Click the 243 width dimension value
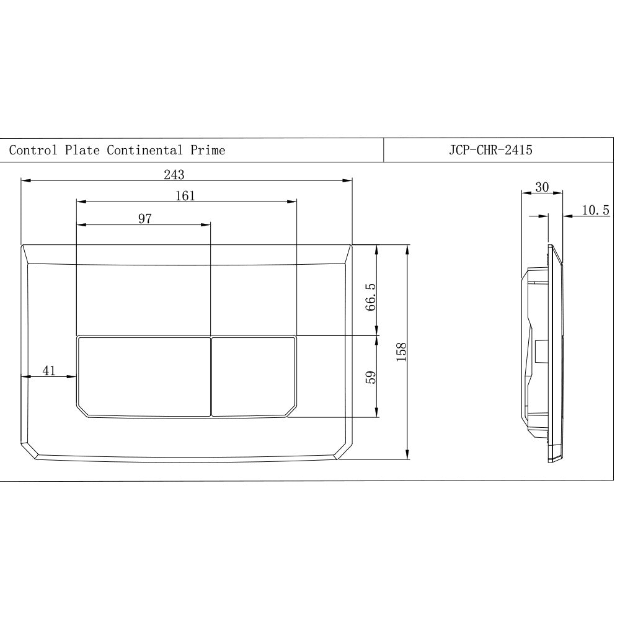pos(174,175)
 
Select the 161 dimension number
pos(185,196)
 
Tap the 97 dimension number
pos(145,218)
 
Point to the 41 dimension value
pos(49,371)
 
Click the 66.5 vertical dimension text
pos(370,298)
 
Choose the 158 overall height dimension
pos(401,352)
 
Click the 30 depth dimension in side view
pos(541,187)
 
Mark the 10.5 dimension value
pos(595,211)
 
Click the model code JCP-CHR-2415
pos(490,150)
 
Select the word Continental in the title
pos(144,150)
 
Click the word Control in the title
pos(33,150)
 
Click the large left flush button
pos(144,376)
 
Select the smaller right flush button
pos(254,376)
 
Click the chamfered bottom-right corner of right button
pos(290,411)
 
